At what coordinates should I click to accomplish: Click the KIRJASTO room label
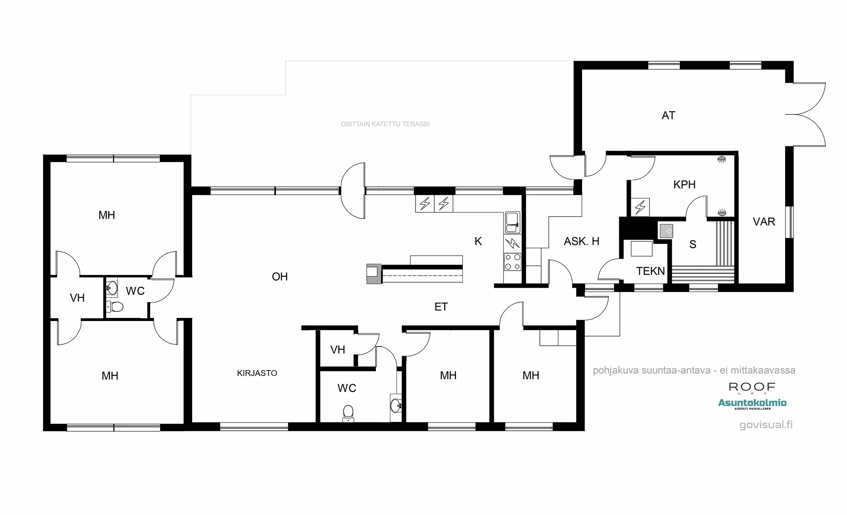(257, 373)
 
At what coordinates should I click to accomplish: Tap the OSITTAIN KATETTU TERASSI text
(385, 124)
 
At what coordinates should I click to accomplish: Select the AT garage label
(668, 115)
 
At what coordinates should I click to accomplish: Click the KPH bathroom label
(684, 184)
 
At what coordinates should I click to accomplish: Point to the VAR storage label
(764, 221)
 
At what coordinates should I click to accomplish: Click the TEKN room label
(650, 271)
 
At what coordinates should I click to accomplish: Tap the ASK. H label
(581, 241)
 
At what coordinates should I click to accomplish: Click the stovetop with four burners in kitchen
(512, 262)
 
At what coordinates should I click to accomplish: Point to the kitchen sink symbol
(512, 222)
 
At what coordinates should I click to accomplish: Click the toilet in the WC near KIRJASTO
(348, 413)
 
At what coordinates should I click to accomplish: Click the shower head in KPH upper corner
(721, 160)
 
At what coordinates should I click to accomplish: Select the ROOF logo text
(752, 388)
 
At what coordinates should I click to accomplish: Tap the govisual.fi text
(766, 425)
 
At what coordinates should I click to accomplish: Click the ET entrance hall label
(441, 307)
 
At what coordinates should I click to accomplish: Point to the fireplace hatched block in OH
(374, 274)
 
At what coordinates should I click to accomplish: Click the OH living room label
(279, 277)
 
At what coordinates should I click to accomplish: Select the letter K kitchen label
(478, 241)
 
